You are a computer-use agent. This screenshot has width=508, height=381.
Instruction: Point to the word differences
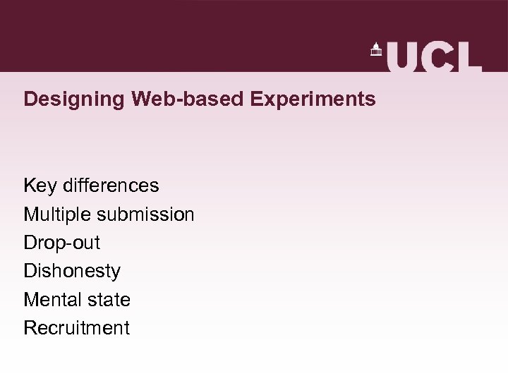(111, 186)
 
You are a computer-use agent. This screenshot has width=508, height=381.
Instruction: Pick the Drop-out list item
(62, 243)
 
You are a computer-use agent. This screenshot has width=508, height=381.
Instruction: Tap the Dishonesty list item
(72, 271)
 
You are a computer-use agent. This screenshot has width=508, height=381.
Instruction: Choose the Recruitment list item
(76, 327)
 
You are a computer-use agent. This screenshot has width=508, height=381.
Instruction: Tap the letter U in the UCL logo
(402, 56)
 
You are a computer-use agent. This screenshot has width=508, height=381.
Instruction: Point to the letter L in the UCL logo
(468, 56)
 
